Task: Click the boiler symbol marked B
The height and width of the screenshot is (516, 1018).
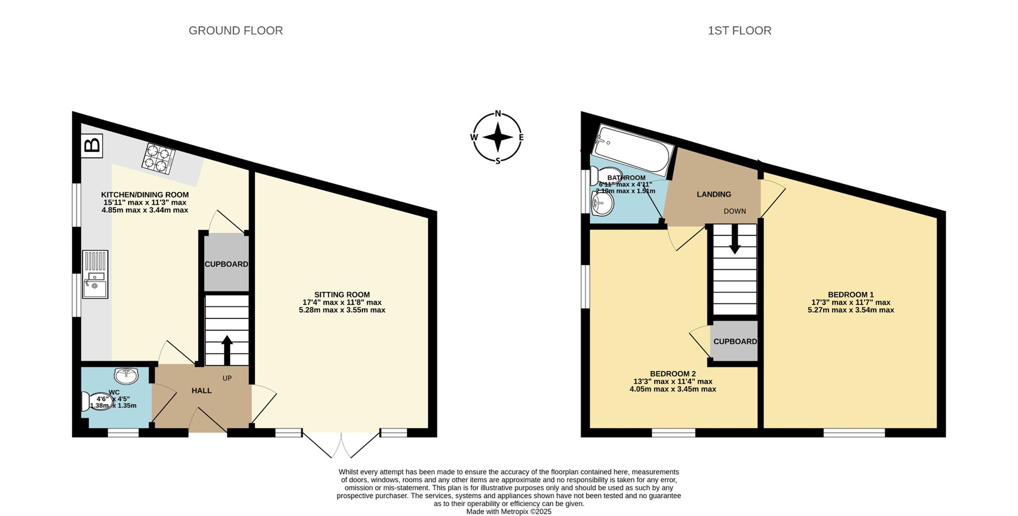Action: [92, 146]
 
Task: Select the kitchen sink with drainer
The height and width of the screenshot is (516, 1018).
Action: [95, 274]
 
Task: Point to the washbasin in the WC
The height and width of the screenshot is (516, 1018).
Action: [126, 376]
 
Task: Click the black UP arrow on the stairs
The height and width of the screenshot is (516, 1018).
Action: [227, 350]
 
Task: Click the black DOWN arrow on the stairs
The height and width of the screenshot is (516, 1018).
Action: [735, 239]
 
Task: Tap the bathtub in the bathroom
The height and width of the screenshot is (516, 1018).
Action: [632, 151]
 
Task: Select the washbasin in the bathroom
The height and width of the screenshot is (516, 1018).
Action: [602, 203]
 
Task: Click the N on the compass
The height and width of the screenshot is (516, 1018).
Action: [498, 114]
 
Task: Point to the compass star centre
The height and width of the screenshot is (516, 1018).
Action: [498, 137]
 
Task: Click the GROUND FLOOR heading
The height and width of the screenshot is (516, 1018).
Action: [236, 31]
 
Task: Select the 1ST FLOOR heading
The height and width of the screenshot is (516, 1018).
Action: [739, 31]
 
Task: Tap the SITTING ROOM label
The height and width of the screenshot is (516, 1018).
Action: [342, 295]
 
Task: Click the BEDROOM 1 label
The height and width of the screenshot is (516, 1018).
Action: [851, 295]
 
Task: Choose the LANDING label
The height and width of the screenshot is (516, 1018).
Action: [714, 195]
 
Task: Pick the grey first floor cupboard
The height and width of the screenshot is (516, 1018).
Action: [735, 341]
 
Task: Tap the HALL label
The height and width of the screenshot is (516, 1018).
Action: [202, 391]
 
